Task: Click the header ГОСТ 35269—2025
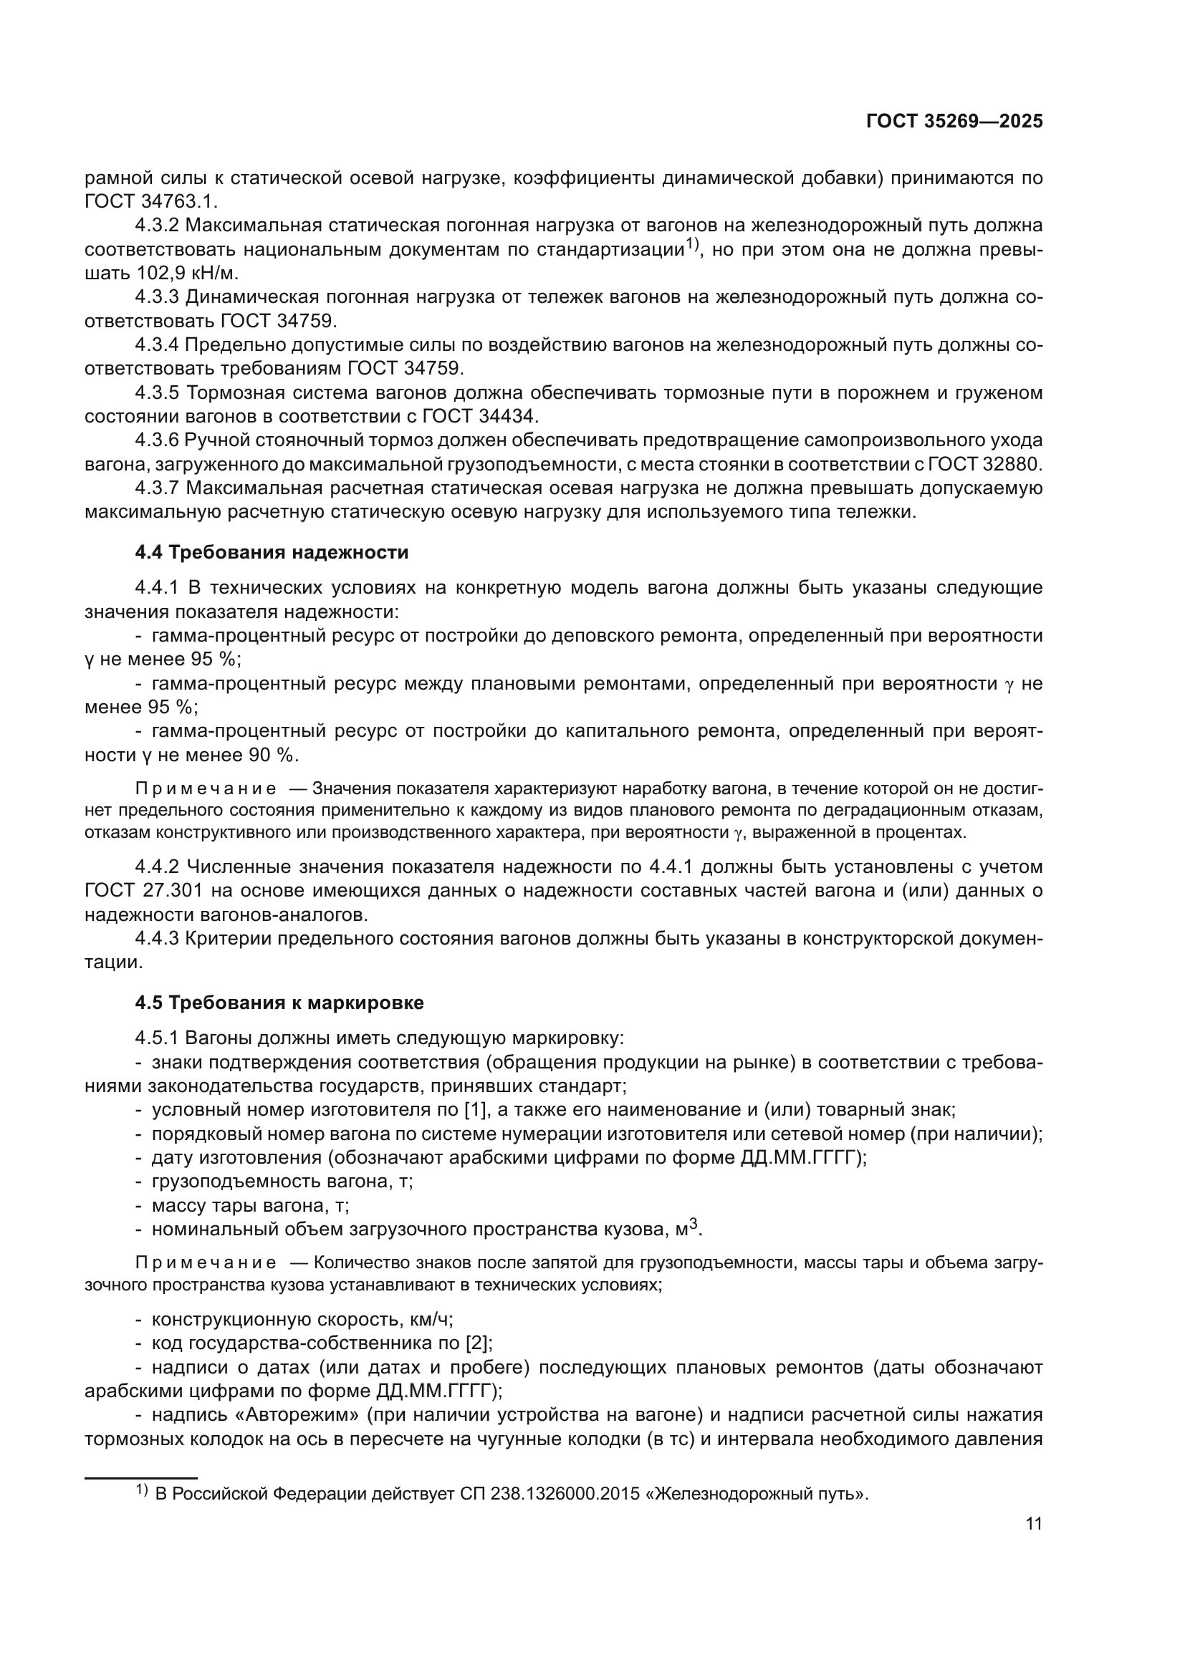[x=954, y=121]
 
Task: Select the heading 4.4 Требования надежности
[x=272, y=552]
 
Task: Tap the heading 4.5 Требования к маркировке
[x=279, y=1003]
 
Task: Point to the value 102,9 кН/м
[x=188, y=274]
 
